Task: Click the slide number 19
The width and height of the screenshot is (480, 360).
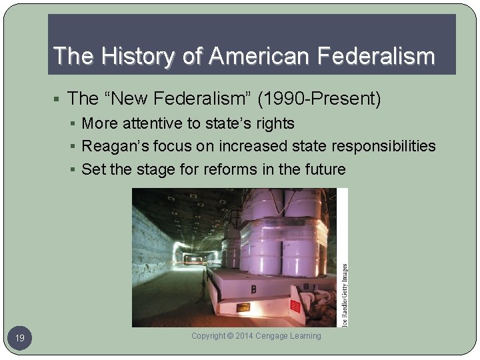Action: (x=20, y=339)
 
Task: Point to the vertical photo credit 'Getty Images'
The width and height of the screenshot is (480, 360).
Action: (x=344, y=277)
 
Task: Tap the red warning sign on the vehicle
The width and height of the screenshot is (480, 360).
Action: (x=295, y=307)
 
